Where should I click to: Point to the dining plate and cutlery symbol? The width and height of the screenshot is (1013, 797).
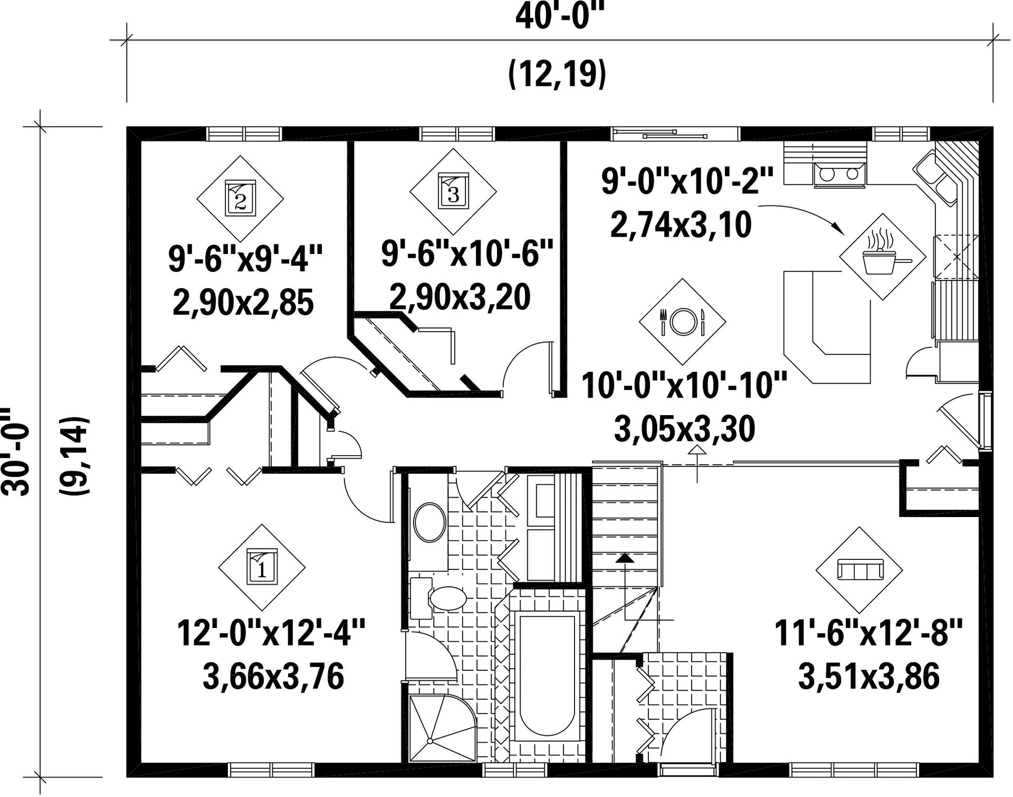pos(682,322)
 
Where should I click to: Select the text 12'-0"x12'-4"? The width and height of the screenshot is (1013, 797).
pos(271,634)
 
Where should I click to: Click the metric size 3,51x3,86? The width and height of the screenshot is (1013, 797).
pos(869,676)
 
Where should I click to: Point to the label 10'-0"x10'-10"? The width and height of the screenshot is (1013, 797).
pos(684,385)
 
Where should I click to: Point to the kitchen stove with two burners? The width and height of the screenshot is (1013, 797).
pos(839,173)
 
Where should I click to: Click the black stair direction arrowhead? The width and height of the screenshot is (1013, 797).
pos(624,558)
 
